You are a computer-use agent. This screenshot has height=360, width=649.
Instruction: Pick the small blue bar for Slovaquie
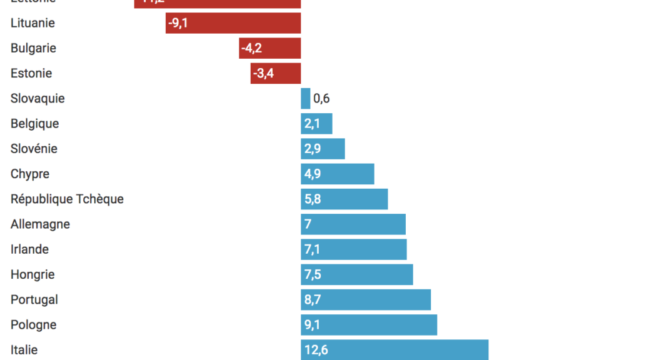[x=305, y=98]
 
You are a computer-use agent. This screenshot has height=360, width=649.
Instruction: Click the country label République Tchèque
[x=67, y=199]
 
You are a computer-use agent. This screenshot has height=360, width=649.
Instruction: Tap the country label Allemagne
[x=40, y=224]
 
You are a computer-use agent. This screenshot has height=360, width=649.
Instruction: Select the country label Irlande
[x=29, y=249]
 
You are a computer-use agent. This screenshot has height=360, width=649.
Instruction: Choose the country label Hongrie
[x=33, y=274]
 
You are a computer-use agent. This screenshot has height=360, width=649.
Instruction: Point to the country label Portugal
[x=34, y=299]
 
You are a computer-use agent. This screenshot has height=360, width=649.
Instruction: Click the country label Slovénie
[x=34, y=149]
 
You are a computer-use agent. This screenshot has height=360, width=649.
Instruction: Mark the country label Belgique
[x=35, y=123]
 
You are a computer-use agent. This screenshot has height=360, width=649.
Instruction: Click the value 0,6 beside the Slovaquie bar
[x=321, y=98]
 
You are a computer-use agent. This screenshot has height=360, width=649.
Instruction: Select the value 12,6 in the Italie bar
[x=316, y=349]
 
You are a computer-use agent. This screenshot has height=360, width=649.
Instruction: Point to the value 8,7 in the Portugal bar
[x=313, y=299]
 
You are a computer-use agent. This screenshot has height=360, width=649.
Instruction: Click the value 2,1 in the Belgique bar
[x=312, y=124]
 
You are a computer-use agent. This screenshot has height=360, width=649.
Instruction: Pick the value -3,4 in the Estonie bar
[x=263, y=73]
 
